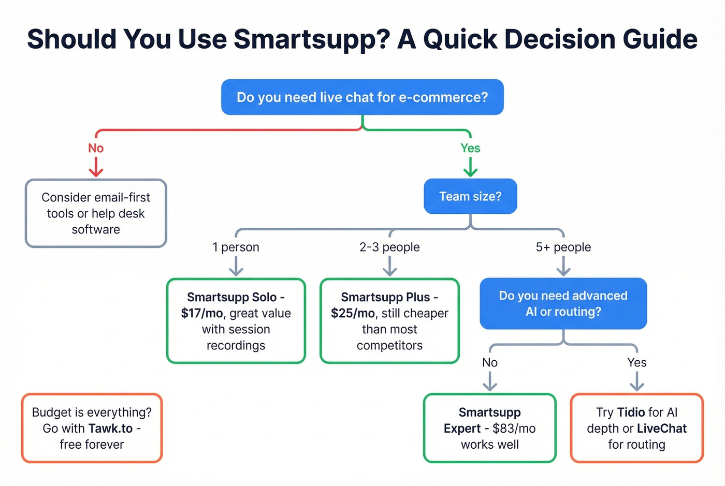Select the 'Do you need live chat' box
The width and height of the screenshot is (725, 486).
(x=362, y=97)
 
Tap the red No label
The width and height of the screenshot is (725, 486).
(x=96, y=149)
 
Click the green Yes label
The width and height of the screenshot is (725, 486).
(x=470, y=149)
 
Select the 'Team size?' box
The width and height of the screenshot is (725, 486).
(x=470, y=197)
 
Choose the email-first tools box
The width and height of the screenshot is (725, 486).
(x=96, y=213)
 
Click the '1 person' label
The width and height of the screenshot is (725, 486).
(x=236, y=247)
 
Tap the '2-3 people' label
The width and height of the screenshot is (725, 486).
(x=389, y=247)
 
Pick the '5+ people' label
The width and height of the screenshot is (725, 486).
(x=563, y=247)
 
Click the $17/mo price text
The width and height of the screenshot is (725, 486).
(x=201, y=314)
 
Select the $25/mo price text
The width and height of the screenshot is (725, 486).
(x=352, y=314)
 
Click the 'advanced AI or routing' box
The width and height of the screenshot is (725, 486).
(x=563, y=304)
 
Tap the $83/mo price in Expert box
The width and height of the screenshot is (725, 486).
(x=514, y=429)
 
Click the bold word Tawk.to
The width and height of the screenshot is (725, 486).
(x=111, y=429)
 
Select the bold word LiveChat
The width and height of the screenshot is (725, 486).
(x=661, y=429)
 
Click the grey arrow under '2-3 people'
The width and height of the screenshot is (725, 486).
(x=389, y=268)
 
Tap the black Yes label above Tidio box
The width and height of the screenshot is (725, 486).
(x=636, y=363)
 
